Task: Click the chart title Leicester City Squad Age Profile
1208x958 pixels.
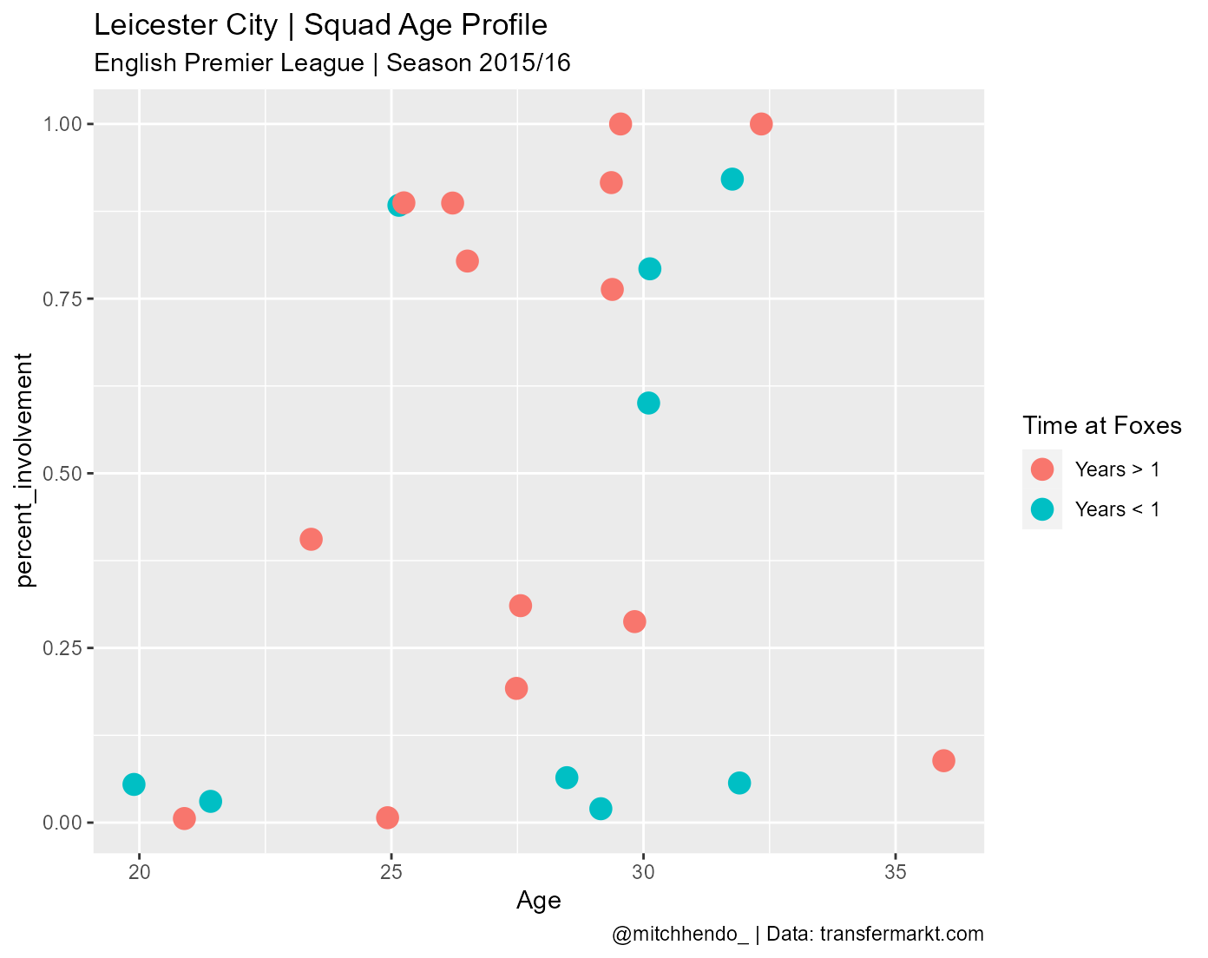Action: click(x=320, y=25)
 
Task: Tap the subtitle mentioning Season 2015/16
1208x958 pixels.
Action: click(x=332, y=63)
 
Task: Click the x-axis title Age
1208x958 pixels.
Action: click(x=538, y=901)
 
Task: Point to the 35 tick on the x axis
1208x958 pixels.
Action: click(x=896, y=870)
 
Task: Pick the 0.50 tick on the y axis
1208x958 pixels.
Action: click(x=63, y=474)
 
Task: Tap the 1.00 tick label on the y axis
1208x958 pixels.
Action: click(x=63, y=124)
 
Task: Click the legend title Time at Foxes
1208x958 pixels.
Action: click(x=1101, y=425)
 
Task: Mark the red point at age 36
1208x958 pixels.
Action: click(x=943, y=760)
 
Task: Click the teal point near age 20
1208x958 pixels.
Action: click(x=134, y=784)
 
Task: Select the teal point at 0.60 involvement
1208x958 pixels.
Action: click(x=648, y=403)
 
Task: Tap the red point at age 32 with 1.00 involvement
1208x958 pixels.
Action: click(x=761, y=124)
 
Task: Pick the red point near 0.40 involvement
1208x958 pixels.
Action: click(x=311, y=539)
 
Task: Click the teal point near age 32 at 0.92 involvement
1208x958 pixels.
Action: click(x=732, y=179)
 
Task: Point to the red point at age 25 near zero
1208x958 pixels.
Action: click(x=387, y=817)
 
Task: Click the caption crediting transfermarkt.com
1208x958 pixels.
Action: click(x=798, y=934)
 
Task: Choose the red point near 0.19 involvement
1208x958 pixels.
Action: click(x=516, y=688)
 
